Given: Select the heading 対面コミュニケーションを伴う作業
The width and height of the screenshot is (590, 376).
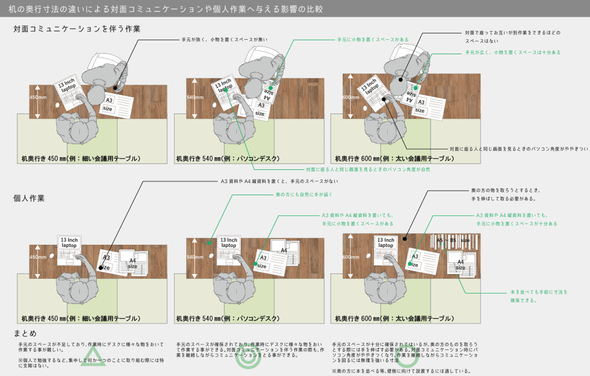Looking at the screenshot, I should [77, 29].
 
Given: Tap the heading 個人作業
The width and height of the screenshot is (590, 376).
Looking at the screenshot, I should [29, 198].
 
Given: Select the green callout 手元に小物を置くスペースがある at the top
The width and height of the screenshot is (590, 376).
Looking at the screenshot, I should [373, 40].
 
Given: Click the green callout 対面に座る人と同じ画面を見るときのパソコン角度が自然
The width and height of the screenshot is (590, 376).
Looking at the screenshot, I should [368, 170].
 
